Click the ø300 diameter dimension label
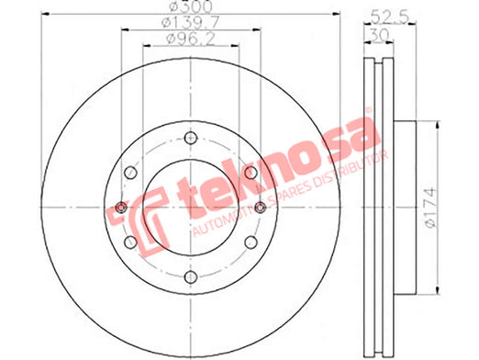191,6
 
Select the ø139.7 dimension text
191,22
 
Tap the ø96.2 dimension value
190,39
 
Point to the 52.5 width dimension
390,17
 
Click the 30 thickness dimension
379,34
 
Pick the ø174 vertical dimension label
431,208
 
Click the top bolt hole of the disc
191,138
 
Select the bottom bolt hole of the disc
191,277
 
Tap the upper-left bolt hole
130,173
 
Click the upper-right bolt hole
251,173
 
